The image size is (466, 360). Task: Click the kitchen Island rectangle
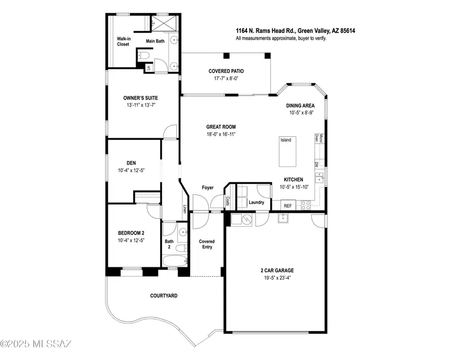click(x=287, y=151)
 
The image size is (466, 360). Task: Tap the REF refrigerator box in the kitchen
click(x=288, y=206)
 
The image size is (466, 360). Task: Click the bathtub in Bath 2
click(x=175, y=261)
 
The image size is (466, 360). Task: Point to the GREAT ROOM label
click(x=221, y=127)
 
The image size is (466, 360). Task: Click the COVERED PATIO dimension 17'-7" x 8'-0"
click(x=226, y=79)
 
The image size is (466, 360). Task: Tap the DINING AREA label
click(x=300, y=106)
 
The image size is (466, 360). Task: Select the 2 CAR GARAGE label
click(x=278, y=270)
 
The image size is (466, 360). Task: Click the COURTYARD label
click(x=164, y=296)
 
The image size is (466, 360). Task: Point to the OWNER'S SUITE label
click(x=140, y=98)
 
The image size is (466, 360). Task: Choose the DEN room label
click(x=131, y=163)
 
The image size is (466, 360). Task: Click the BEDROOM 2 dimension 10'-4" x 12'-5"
click(x=131, y=240)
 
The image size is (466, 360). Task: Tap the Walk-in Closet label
click(x=124, y=41)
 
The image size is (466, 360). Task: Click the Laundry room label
click(x=256, y=203)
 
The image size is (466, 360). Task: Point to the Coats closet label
click(x=228, y=201)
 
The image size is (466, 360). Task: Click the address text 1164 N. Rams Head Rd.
click(x=265, y=31)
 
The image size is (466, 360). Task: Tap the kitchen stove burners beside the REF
click(x=306, y=206)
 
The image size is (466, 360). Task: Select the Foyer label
click(x=208, y=188)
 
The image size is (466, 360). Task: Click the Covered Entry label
click(x=207, y=244)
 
